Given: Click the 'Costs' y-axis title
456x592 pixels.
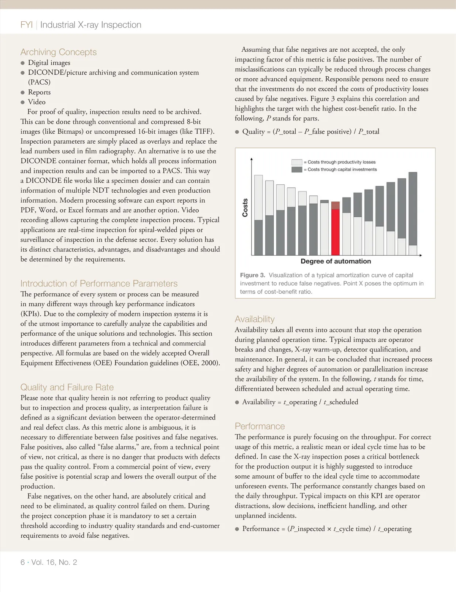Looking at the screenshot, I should click(245, 207).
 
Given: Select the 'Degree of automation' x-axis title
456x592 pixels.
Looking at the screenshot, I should click(336, 261).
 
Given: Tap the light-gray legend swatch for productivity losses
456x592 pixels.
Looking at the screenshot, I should click(297, 162).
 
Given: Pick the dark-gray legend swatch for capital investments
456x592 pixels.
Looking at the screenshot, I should click(297, 169).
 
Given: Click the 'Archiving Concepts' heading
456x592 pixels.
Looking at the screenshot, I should click(59, 52).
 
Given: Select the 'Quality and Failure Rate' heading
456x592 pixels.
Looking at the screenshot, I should click(67, 387).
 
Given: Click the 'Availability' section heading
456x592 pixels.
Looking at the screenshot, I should click(255, 319).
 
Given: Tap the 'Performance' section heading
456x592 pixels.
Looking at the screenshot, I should click(260, 426).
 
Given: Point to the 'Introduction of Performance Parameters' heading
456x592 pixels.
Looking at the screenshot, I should click(99, 283).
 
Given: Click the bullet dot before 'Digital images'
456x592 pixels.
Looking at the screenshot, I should click(23, 63).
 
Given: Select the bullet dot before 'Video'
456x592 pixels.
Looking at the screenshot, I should click(23, 102).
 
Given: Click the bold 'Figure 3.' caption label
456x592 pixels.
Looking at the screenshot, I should click(252, 275).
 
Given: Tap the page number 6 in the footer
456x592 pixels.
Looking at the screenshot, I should click(23, 562).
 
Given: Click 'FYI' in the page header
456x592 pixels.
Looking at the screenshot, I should click(27, 25).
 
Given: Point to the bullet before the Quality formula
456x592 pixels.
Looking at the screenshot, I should click(237, 132).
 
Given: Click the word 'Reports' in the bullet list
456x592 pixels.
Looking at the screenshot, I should click(39, 92).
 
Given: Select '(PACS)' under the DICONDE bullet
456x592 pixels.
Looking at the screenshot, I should click(39, 82).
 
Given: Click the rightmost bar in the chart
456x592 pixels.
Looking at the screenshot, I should click(412, 214).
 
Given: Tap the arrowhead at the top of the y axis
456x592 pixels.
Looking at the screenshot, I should click(252, 158).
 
